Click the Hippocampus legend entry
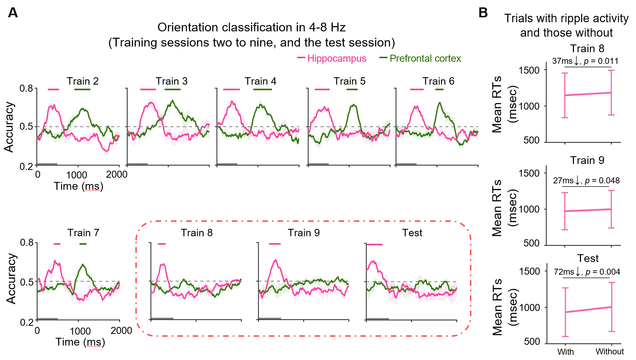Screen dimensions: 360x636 pos(336,59)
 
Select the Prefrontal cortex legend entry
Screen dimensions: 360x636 pos(425,59)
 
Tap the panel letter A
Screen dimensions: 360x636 pos(13,13)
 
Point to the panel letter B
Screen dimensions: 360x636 pos(483,13)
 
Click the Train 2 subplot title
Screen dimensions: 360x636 pos(82,81)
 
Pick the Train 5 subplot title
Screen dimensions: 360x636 pos(349,81)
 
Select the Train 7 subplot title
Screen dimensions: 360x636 pos(83,233)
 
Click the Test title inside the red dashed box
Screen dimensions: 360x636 pos(412,233)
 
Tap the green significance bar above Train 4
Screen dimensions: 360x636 pos(262,90)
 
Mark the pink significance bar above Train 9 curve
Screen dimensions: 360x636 pos(275,244)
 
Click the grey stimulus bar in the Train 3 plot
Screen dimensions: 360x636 pos(137,164)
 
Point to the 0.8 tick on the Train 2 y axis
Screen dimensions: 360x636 pos(26,88)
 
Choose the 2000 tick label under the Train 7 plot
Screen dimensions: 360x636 pos(121,331)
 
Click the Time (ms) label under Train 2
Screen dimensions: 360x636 pos(78,186)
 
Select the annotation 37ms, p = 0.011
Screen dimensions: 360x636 pos(585,61)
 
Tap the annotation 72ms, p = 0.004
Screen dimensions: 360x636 pos(587,272)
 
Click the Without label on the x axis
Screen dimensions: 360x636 pos(610,352)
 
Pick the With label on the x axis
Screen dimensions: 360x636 pos(565,352)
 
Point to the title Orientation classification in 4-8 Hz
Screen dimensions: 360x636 pos(251,28)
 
